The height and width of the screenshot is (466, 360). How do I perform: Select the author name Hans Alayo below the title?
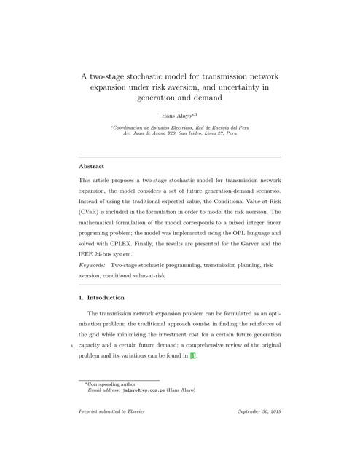[x=177, y=114]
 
